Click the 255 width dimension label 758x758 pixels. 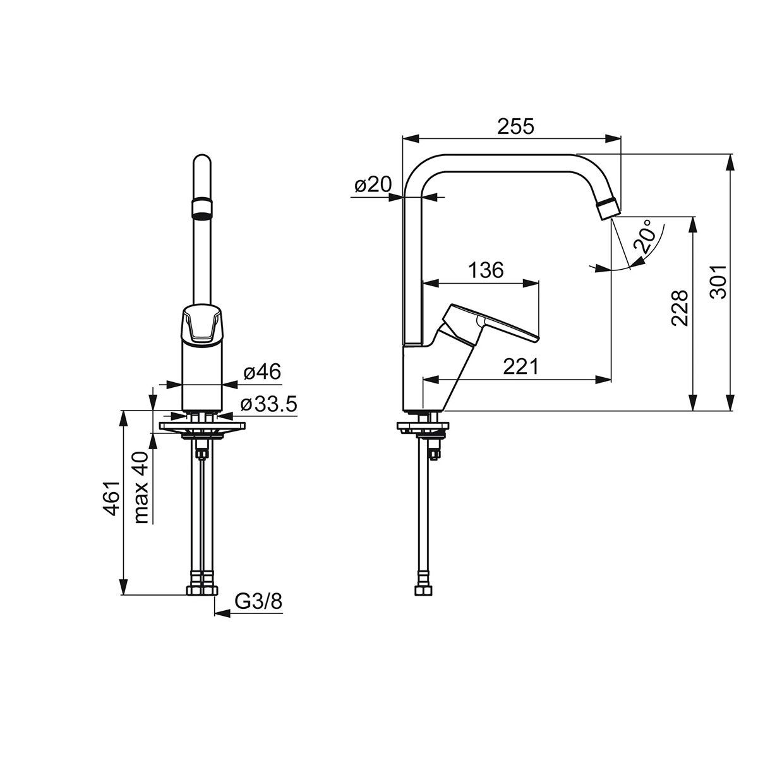tap(515, 126)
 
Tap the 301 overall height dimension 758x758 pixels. tap(719, 281)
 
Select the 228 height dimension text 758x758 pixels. tap(679, 308)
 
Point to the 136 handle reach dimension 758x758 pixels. tap(486, 270)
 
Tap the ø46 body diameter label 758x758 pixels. tap(262, 371)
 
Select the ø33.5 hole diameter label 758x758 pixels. tap(268, 405)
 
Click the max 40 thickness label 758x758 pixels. tap(140, 488)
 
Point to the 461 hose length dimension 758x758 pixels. tap(111, 498)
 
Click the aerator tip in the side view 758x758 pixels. tap(608, 209)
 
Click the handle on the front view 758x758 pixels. tap(202, 325)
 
